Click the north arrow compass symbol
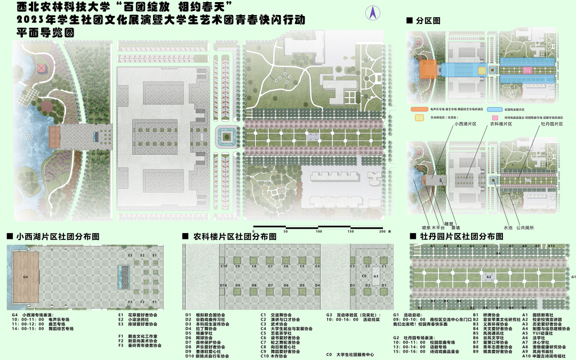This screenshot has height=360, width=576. coord(373,13)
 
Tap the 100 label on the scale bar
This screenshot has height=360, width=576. coord(319,231)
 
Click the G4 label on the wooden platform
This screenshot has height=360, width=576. coord(25,277)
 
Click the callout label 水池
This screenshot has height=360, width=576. coord(508,227)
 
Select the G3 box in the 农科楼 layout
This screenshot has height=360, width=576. coord(376,276)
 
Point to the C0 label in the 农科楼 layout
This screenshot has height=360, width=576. coord(364,276)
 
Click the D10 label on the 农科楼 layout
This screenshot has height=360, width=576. coord(224,286)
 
